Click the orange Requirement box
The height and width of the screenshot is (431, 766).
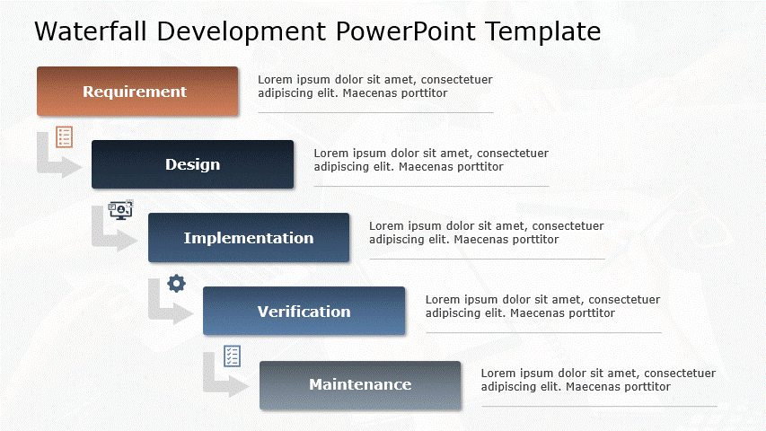click(x=137, y=92)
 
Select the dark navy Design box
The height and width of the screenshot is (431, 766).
click(x=192, y=164)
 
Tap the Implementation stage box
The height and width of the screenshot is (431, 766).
click(x=249, y=238)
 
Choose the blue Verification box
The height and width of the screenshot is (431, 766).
click(x=304, y=312)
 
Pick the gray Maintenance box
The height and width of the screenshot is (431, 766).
click(x=360, y=385)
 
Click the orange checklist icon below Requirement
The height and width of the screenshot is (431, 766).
click(x=64, y=136)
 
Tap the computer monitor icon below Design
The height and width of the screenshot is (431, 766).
click(x=120, y=210)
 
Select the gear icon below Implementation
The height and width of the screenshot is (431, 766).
click(x=177, y=284)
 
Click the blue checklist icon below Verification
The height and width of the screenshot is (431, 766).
click(x=233, y=356)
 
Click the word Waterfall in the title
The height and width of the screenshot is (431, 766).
click(x=91, y=31)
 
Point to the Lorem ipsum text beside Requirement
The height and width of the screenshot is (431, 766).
click(x=374, y=86)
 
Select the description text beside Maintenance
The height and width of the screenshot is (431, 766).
click(x=597, y=380)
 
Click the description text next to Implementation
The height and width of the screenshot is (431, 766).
click(x=486, y=233)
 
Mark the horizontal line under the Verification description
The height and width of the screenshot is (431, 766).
click(x=543, y=333)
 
